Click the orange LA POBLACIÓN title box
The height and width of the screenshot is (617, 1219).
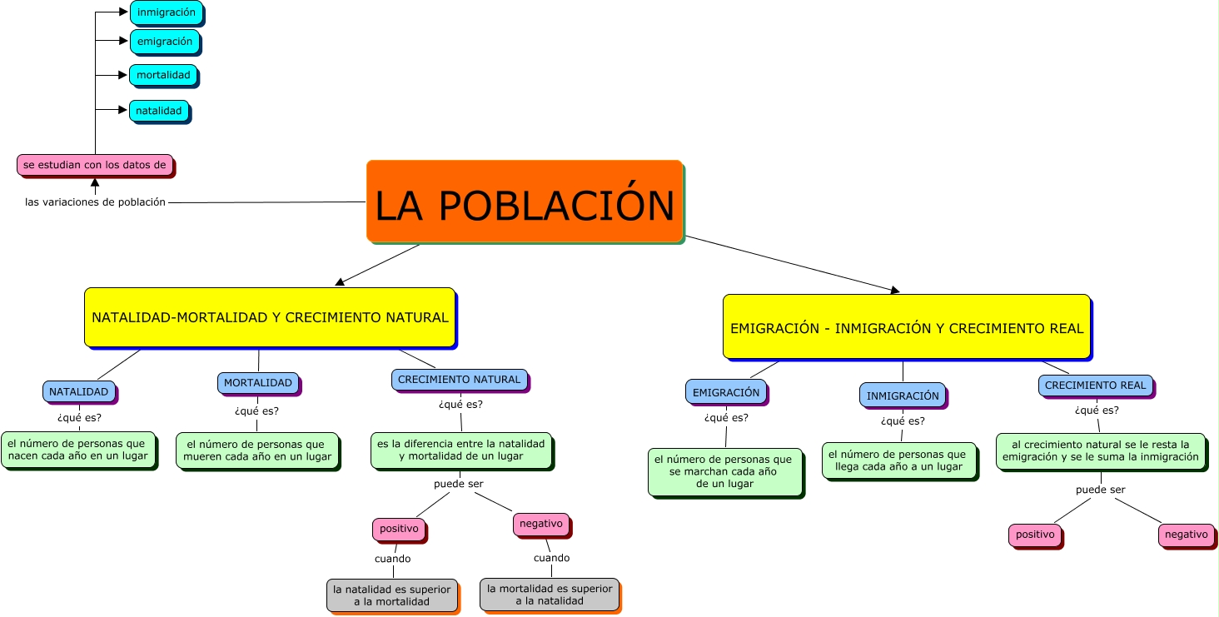525,202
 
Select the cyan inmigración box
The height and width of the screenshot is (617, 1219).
166,12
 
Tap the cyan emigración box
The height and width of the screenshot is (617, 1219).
164,42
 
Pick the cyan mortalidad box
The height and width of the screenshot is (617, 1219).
163,75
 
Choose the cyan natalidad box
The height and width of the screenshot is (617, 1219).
158,111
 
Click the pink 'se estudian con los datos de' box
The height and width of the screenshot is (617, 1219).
95,165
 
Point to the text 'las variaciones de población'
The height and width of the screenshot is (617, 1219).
95,202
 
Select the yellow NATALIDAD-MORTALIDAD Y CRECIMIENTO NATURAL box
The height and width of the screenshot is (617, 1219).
270,317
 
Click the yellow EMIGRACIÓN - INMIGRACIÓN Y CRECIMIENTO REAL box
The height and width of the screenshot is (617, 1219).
907,327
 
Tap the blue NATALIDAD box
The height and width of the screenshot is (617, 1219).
78,391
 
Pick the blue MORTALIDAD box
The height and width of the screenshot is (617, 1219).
258,383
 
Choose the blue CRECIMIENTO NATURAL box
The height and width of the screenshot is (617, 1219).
459,380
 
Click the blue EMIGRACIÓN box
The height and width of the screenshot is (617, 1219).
726,392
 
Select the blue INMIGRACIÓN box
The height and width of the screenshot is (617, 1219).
903,396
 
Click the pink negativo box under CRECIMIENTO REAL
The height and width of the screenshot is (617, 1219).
1186,535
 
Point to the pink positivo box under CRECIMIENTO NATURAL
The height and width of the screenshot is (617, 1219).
399,529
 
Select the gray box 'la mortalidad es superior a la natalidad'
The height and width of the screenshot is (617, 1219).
550,595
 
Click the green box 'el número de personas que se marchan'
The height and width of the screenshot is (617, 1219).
725,472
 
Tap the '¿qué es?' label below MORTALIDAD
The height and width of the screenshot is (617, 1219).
256,411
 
